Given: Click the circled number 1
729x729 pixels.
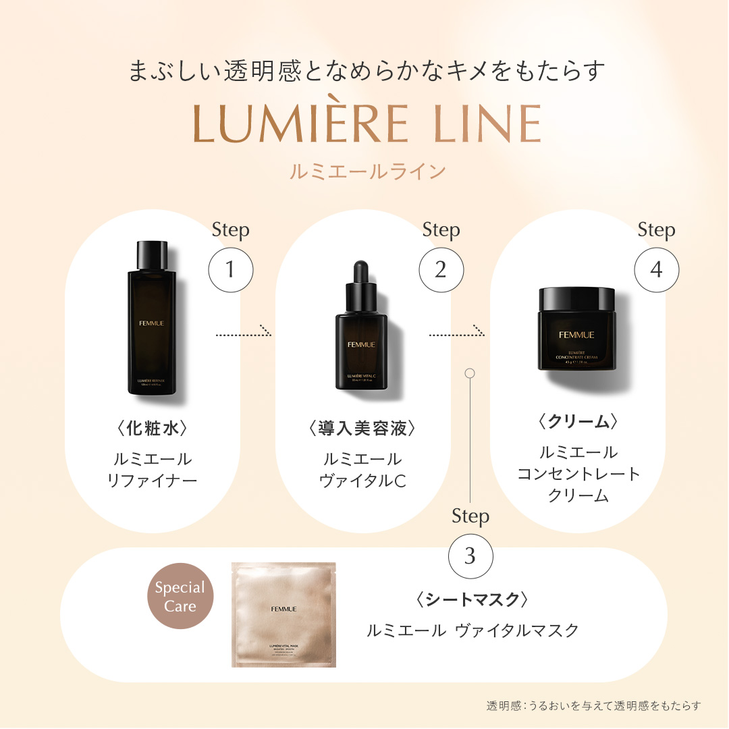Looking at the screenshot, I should pos(230,270).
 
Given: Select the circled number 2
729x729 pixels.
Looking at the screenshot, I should pos(441,270).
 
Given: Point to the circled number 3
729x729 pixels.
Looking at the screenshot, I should pos(470,556).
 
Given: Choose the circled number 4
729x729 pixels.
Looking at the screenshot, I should pos(656,270).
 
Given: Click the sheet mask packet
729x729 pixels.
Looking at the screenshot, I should pos(283,614).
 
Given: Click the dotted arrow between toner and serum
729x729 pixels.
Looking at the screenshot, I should pos(243,333).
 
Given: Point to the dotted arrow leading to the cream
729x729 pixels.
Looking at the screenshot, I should pos(457,333).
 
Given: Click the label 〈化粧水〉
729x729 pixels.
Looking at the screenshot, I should pos(152,429).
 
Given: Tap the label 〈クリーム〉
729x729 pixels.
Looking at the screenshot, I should pos(578,422).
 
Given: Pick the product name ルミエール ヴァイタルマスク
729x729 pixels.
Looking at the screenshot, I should pos(473,630).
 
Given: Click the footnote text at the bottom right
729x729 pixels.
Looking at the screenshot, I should pos(593,705).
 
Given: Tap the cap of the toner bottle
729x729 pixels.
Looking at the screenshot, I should pos(152,256).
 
